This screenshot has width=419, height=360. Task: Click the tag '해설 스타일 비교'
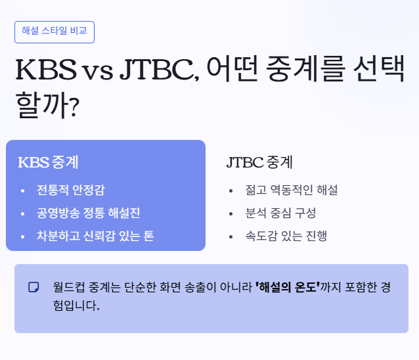coord(55,32)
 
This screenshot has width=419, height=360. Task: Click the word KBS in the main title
coord(46,70)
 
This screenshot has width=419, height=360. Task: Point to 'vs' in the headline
coord(98,72)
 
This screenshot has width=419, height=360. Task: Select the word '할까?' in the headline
coord(47,104)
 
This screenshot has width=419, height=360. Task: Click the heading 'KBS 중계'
coord(48,162)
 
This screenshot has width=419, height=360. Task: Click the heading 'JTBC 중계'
coord(259,162)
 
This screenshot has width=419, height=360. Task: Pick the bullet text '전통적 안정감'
coord(71,191)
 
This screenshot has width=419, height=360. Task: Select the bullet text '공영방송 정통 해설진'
coord(89,213)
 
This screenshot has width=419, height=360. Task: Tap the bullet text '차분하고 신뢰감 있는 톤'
coord(95,236)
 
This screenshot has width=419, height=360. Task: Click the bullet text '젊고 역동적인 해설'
coord(292,191)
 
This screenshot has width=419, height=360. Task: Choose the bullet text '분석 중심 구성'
coord(280,213)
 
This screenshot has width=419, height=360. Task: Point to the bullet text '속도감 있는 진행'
coord(286,236)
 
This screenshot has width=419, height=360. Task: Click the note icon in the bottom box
coord(33,287)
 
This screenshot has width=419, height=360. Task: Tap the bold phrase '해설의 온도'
coord(288,287)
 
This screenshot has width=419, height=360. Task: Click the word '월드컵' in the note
coord(69,287)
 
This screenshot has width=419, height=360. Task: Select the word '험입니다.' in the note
coord(76,305)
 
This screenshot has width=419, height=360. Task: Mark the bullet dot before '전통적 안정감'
coord(23,191)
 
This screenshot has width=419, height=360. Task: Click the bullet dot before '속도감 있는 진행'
coord(231,236)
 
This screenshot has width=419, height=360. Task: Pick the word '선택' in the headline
coord(379,69)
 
